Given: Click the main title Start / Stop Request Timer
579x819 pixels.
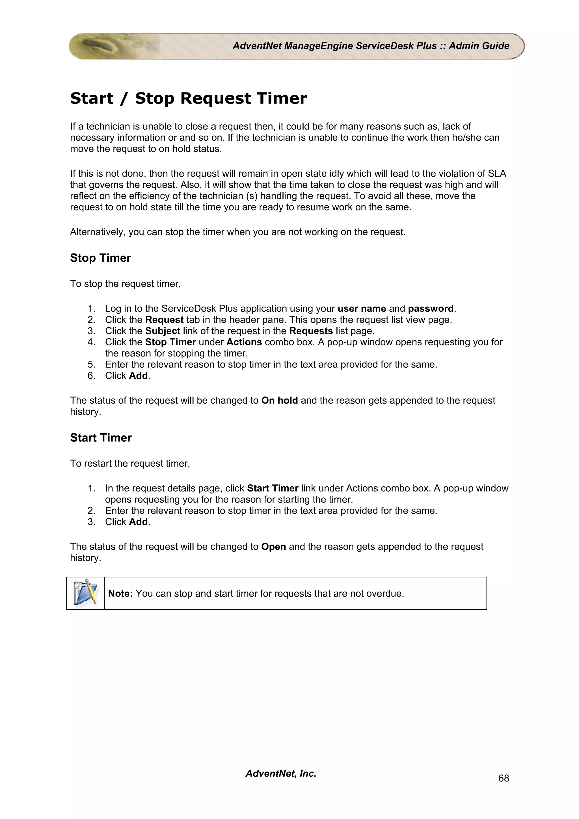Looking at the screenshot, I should (188, 98).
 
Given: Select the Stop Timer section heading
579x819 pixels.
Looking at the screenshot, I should (100, 258).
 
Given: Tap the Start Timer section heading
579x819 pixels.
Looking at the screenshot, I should (101, 438).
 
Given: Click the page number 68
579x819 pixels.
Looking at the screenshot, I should (503, 778).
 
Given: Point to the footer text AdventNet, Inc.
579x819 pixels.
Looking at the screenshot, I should (281, 773).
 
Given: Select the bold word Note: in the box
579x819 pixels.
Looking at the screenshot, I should (120, 593).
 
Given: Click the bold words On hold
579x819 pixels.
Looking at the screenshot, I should (279, 400).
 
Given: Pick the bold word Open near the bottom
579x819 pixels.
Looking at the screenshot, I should (273, 547).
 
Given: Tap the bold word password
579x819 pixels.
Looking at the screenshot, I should (431, 309).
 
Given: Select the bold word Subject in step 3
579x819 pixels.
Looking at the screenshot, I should (163, 331).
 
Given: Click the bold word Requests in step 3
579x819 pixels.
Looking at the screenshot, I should (311, 331).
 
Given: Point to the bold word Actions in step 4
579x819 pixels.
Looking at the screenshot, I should (244, 342).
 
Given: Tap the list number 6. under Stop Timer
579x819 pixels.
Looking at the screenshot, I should (91, 376).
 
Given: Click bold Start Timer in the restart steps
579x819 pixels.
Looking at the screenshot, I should (273, 488).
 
